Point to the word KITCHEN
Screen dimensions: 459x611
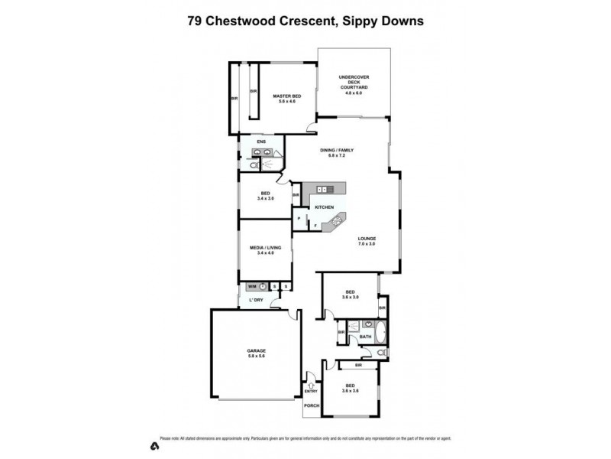tap(325, 207)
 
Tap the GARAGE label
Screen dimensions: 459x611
tap(256, 351)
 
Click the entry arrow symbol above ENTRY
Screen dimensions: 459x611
tap(311, 385)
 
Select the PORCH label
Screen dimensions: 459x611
tap(311, 405)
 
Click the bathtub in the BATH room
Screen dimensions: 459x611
tap(382, 334)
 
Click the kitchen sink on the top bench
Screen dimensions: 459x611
tap(323, 188)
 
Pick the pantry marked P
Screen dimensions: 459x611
tap(299, 219)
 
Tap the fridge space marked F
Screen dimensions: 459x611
tap(315, 226)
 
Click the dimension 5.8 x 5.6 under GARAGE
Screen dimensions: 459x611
tap(256, 357)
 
